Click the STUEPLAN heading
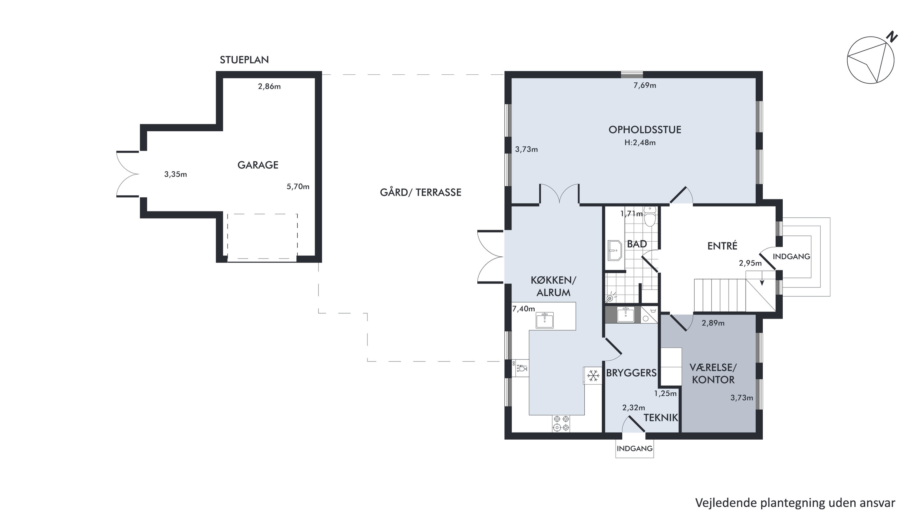pos(244,60)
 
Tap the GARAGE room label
pos(258,165)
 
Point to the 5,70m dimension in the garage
pos(298,187)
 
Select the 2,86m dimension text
pos(269,86)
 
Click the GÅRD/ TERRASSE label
pos(421,192)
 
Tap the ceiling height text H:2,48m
pos(640,142)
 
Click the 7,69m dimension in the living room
pos(644,85)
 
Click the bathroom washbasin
pos(615,250)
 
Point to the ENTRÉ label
pos(722,246)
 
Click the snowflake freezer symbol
pos(593,376)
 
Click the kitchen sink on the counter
pos(545,320)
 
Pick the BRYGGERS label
pos(631,373)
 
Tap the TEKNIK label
pos(661,417)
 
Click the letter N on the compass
pos(892,37)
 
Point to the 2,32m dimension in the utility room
pos(633,407)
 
